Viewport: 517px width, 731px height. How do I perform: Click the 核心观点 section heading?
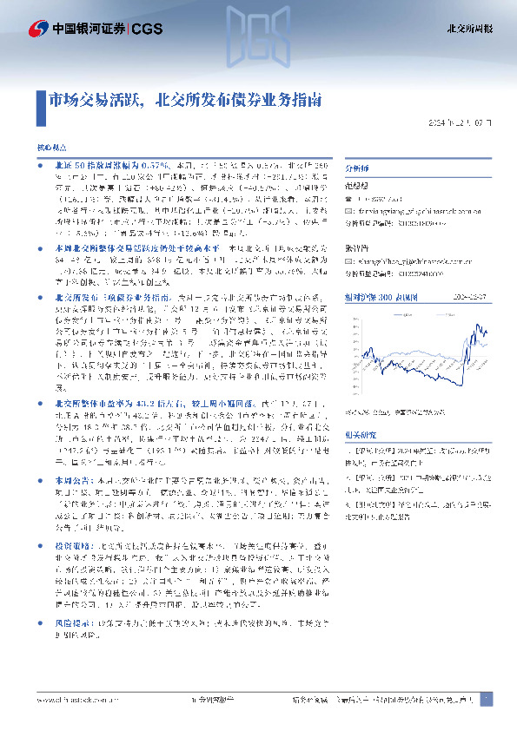50,150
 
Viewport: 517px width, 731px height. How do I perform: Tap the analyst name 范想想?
358,186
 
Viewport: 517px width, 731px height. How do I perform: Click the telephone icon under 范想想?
349,198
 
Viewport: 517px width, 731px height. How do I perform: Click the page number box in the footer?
487,700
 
